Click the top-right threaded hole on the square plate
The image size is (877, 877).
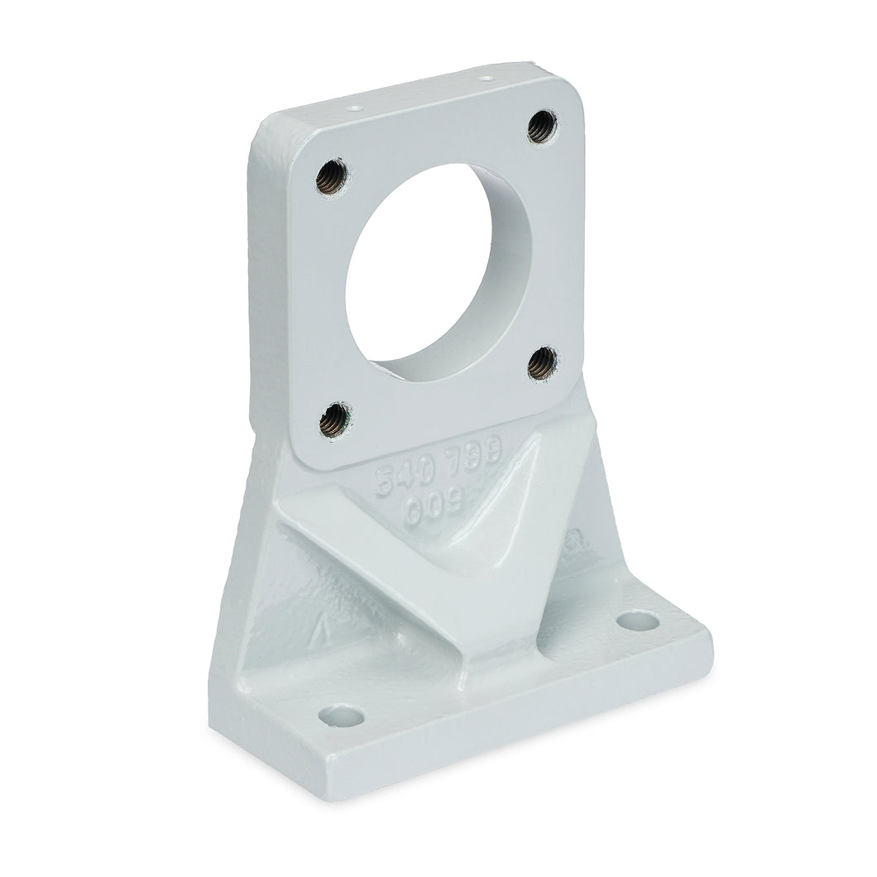tap(542, 127)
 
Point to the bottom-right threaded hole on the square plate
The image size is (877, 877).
tap(542, 362)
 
